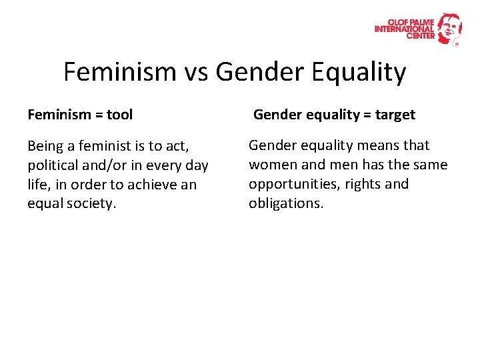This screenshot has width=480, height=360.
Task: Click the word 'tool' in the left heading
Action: pos(120,115)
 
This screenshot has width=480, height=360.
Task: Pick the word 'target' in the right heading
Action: pos(395,115)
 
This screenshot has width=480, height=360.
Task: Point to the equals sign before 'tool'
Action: pos(98,115)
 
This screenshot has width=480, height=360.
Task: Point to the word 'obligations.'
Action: pos(286,203)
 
